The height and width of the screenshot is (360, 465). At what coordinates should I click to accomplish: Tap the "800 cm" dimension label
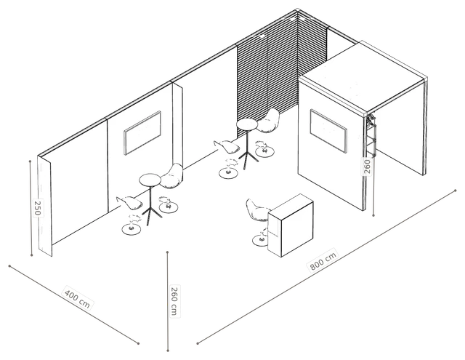tap(323, 260)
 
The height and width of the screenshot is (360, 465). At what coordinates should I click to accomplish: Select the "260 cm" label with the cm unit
tap(174, 300)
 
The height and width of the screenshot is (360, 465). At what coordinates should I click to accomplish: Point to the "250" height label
tap(38, 208)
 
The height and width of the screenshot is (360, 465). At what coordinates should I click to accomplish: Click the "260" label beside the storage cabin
tap(367, 167)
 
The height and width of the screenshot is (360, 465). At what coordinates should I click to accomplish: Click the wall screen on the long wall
tap(142, 132)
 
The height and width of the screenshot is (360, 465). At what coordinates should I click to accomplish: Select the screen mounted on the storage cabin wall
tap(328, 131)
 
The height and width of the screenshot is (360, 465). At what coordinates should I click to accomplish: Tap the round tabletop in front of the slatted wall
tap(247, 124)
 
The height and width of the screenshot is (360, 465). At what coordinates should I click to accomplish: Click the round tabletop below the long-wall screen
tap(150, 180)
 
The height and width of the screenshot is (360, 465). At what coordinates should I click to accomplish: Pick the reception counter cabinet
tap(291, 225)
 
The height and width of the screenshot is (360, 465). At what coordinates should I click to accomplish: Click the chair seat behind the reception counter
tap(257, 211)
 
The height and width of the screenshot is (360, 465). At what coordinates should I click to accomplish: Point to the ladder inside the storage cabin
tap(371, 135)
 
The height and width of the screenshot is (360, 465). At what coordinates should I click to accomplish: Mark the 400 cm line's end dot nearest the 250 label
tap(9, 266)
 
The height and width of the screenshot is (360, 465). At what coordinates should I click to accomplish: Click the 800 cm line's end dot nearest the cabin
tap(456, 191)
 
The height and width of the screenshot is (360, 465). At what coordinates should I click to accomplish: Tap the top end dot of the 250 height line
tap(30, 161)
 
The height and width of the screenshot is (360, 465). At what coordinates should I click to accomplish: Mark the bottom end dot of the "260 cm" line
tap(168, 351)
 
